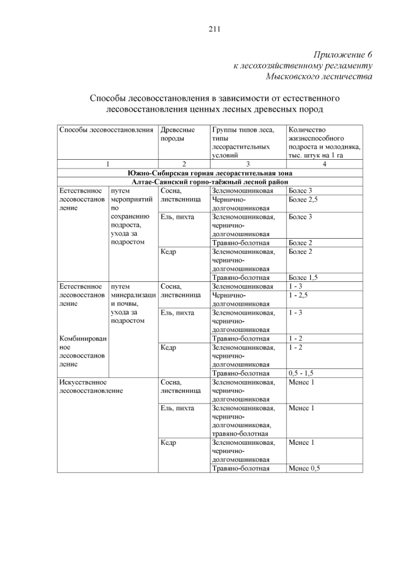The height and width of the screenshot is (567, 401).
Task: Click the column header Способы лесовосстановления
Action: [x=106, y=130]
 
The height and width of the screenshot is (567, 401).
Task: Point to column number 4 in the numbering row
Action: [x=324, y=164]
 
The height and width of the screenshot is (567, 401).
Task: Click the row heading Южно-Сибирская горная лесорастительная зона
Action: [x=210, y=173]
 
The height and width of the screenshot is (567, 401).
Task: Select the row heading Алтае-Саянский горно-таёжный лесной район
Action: [x=210, y=182]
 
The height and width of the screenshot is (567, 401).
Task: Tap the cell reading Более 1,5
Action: [x=303, y=278]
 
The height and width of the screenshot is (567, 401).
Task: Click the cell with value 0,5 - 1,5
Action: [x=301, y=373]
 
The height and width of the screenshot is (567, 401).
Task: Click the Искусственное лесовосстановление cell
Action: [x=90, y=386]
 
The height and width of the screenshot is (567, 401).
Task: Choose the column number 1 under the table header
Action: [x=107, y=164]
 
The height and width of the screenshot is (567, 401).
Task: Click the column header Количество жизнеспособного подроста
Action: [x=323, y=143]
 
